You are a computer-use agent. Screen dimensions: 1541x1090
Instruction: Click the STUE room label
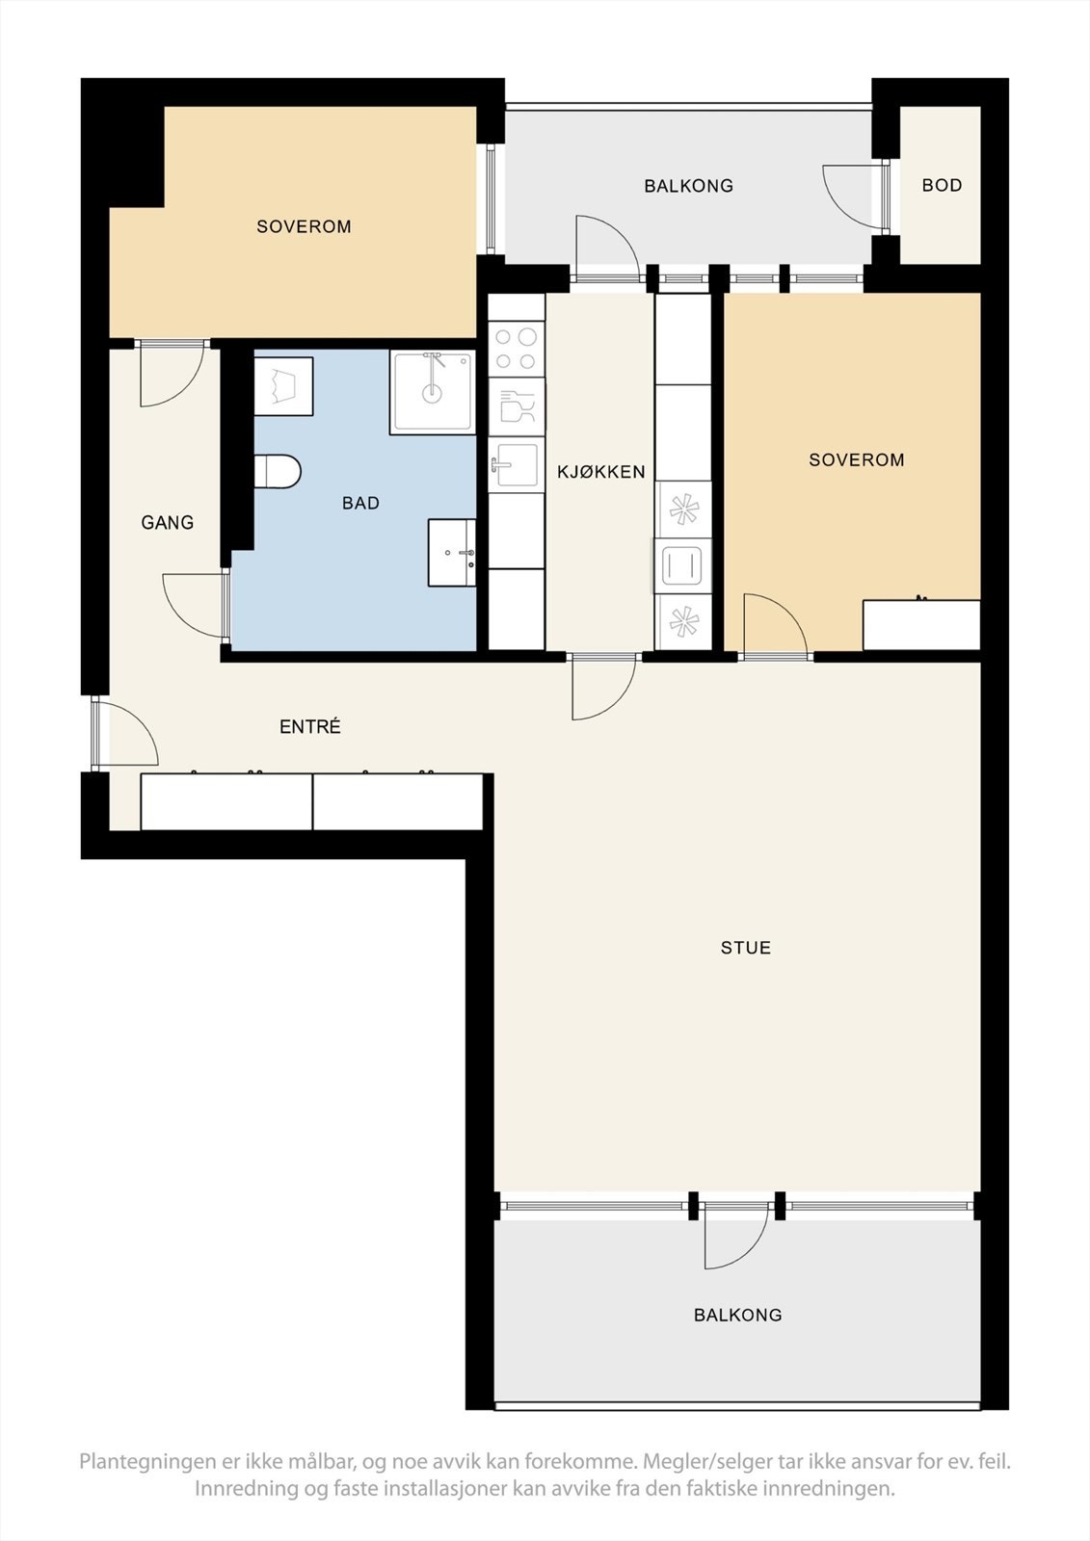coord(745,948)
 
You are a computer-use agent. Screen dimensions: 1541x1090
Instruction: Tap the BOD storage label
coord(942,185)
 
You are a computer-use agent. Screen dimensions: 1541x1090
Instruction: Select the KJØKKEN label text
coord(600,472)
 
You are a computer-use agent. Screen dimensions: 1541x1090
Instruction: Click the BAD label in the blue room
coord(360,503)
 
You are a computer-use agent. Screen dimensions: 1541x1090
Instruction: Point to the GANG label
coord(168,523)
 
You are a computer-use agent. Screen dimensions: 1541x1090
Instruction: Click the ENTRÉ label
coord(309,727)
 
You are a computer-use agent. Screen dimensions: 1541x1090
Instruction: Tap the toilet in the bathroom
coord(278,472)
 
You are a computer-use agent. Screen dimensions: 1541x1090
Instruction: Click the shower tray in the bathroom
coord(433,392)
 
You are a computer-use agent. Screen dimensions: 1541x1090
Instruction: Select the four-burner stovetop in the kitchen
coord(516,349)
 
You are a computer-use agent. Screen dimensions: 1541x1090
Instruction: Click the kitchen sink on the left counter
coord(516,465)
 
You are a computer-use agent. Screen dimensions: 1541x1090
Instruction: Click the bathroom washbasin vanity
coord(452,553)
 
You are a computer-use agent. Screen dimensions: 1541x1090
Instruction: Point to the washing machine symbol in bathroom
coord(283,386)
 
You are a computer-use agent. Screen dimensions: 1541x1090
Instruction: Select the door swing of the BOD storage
coord(853,196)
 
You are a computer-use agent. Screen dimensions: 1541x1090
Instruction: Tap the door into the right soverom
coord(775,626)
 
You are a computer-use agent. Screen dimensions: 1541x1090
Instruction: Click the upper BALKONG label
coord(688,186)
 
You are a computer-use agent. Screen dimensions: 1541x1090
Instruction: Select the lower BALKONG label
coord(737,1315)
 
